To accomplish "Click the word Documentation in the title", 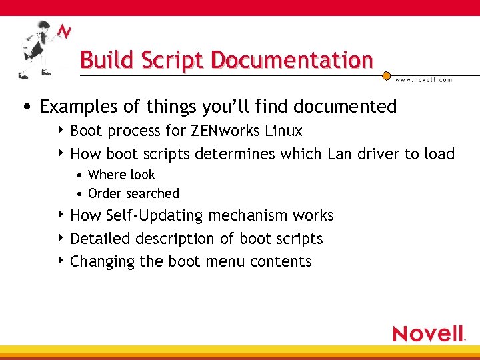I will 291,60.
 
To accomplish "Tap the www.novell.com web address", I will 423,79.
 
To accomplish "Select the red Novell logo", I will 429,333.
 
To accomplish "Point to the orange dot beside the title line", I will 386,77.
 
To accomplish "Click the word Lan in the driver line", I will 340,154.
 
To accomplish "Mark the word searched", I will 153,193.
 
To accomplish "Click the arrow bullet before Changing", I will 62,261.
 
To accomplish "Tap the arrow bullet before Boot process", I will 62,130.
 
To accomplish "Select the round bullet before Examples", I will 26,107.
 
